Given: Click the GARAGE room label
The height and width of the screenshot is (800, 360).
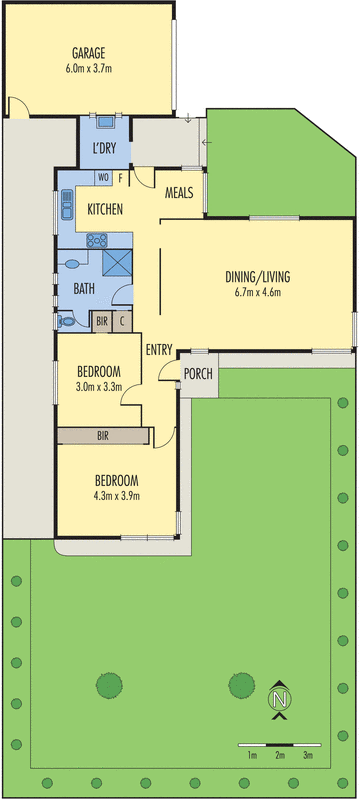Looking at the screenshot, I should point(89,53).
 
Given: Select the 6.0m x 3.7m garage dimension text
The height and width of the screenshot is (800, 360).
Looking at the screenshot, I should point(89,69).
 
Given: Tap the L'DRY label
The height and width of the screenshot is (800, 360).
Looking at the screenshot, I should point(104,149).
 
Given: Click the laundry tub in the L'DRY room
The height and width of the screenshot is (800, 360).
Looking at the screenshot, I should point(104,122).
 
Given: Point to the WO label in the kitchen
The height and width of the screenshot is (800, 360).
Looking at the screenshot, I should point(103,178).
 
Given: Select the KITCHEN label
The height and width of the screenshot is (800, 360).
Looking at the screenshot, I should point(105,210).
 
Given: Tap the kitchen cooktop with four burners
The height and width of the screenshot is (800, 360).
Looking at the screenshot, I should point(98,240).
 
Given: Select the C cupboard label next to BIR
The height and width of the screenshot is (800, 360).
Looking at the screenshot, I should point(122,321).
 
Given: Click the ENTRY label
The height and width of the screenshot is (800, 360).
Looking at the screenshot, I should point(159,349).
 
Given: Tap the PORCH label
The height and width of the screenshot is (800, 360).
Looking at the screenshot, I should point(196,373).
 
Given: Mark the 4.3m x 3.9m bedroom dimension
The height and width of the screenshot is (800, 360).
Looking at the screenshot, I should point(116,495).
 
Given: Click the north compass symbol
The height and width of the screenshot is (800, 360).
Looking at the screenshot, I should point(281,699).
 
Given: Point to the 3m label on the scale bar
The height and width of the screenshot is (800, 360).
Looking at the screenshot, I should point(308,756).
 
